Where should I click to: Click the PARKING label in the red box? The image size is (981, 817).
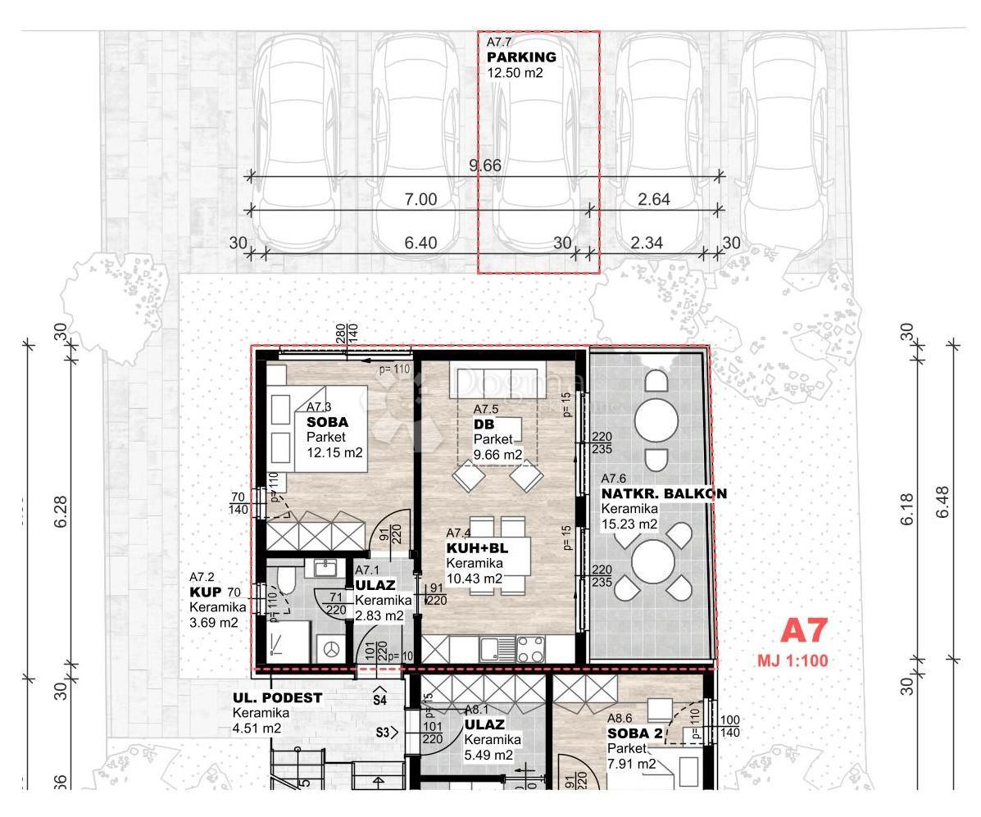[521, 57]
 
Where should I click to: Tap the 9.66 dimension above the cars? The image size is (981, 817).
[484, 166]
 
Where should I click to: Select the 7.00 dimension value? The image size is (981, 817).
[420, 200]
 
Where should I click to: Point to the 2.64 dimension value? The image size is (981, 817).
[654, 200]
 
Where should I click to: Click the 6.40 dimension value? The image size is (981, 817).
[420, 243]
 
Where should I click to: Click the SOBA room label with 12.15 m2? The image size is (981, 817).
[327, 423]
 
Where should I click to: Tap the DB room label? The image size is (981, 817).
[483, 424]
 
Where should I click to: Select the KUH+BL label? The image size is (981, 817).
[477, 549]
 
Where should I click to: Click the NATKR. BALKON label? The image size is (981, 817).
[664, 494]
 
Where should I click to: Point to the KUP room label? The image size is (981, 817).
[202, 592]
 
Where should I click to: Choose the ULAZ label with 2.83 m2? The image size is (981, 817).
[375, 586]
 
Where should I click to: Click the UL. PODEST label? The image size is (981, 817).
[277, 698]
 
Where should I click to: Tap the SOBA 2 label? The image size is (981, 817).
[634, 734]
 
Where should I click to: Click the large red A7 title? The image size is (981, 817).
[803, 631]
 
